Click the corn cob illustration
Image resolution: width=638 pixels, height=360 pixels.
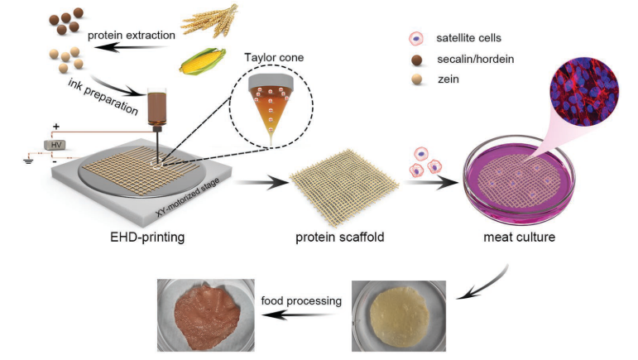(203, 61)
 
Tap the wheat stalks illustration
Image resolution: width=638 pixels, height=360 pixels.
(210, 21)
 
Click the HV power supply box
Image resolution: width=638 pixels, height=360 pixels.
(55, 144)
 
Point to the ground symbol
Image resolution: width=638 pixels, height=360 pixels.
(28, 161)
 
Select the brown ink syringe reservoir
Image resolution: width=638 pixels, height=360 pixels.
(156, 107)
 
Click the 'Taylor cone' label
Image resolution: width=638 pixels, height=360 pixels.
(274, 58)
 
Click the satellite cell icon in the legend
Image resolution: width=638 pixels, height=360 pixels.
(416, 39)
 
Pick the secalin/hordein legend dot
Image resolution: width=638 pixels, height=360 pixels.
(417, 60)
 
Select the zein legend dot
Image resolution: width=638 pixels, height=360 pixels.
(417, 79)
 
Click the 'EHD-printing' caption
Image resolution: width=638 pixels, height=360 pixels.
(147, 237)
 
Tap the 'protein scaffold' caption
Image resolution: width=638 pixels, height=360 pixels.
(340, 237)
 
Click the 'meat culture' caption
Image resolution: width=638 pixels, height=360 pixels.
(519, 237)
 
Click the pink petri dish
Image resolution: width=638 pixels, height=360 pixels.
(519, 180)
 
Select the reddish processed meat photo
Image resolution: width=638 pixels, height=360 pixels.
(206, 315)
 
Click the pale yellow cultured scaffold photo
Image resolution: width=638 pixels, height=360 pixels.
(399, 316)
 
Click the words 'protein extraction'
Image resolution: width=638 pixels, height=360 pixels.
(132, 36)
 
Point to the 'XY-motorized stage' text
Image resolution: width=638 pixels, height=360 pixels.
(188, 197)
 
